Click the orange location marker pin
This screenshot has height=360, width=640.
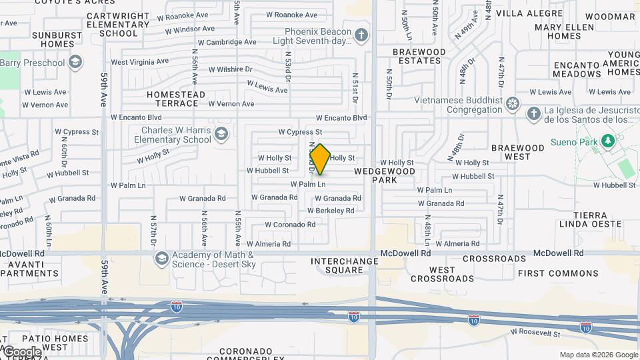click(320, 159)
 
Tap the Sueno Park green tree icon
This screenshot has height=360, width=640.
click(607, 142)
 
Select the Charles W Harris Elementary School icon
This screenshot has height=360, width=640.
click(221, 135)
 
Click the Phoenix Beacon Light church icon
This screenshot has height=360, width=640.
click(361, 35)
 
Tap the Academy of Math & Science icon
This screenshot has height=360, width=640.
click(161, 258)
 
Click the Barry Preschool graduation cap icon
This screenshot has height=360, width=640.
click(75, 63)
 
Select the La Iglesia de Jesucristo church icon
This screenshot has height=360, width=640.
click(533, 114)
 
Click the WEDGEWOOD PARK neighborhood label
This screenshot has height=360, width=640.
click(385, 176)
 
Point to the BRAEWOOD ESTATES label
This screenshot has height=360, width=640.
click(419, 56)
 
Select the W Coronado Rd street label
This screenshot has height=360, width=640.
click(290, 225)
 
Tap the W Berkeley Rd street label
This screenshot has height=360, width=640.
click(331, 211)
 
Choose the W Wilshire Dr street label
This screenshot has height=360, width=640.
click(230, 69)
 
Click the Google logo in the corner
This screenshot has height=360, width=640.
click(22, 351)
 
